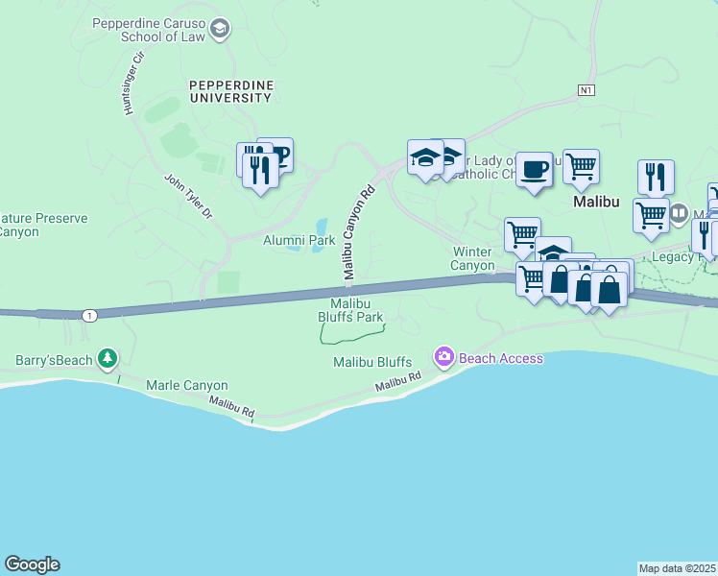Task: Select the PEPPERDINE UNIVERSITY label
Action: pyautogui.click(x=231, y=91)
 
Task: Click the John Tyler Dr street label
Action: pyautogui.click(x=188, y=197)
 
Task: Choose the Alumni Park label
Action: pyautogui.click(x=299, y=240)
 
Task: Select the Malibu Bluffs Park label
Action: pyautogui.click(x=350, y=310)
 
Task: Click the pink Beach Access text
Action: pyautogui.click(x=500, y=358)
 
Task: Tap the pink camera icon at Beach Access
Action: pyautogui.click(x=443, y=358)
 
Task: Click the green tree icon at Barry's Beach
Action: pyautogui.click(x=108, y=360)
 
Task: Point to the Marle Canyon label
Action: pyautogui.click(x=186, y=385)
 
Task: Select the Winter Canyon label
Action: pyautogui.click(x=473, y=258)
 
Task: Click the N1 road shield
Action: pyautogui.click(x=587, y=90)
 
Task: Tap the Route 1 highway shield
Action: pyautogui.click(x=89, y=315)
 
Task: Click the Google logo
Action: pyautogui.click(x=32, y=564)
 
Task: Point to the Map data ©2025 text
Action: pyautogui.click(x=678, y=568)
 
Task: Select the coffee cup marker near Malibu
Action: pyautogui.click(x=535, y=171)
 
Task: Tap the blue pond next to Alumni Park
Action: pyautogui.click(x=319, y=246)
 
